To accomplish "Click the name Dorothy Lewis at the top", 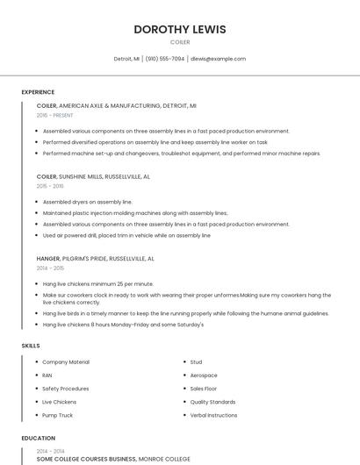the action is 179,29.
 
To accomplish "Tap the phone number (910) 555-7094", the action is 165,59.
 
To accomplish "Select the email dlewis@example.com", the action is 218,59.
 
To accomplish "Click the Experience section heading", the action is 38,92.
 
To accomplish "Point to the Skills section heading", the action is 31,346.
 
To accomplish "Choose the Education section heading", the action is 38,438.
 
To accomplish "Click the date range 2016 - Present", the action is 55,115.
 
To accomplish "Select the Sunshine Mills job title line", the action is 93,176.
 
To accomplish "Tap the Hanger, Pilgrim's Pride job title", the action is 95,259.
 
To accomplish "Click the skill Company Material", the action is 66,361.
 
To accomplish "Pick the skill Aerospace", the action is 204,375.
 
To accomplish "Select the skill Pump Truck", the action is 57,415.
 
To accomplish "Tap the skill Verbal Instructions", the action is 213,415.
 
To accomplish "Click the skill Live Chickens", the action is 59,402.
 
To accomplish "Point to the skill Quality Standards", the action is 212,402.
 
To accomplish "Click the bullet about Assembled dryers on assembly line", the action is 87,202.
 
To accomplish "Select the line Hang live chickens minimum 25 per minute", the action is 97,283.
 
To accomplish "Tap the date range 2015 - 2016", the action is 50,186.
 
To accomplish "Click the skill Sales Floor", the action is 203,388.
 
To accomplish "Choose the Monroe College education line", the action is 112,458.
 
